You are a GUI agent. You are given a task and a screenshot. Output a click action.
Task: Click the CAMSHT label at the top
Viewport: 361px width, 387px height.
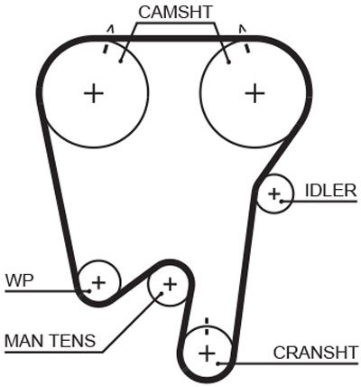(175, 13)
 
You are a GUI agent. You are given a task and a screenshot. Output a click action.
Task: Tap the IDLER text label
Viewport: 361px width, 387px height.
(330, 191)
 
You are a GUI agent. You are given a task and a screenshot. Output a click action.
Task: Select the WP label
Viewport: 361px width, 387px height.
(20, 280)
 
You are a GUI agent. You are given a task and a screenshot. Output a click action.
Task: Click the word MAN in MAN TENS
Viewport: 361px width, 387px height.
(23, 341)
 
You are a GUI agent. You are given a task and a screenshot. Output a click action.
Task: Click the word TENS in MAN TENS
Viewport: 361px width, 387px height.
(71, 341)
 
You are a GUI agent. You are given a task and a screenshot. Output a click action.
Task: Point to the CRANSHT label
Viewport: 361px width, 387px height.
(316, 353)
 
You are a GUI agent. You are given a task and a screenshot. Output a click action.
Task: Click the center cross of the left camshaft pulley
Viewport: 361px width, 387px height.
(94, 93)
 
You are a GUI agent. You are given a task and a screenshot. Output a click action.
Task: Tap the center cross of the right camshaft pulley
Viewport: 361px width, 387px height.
(255, 93)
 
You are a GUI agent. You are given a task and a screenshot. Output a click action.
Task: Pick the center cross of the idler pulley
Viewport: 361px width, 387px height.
(274, 193)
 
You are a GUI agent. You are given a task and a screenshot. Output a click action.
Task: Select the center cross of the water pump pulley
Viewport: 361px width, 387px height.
(98, 283)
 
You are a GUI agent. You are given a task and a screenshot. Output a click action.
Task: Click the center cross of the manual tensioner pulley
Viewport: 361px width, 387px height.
(171, 284)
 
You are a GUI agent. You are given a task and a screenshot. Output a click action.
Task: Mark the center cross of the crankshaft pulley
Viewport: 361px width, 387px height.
(208, 354)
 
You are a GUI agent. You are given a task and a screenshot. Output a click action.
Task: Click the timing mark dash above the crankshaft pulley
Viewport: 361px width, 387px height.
(207, 326)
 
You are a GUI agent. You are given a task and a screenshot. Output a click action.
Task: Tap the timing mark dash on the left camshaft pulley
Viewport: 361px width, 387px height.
(106, 49)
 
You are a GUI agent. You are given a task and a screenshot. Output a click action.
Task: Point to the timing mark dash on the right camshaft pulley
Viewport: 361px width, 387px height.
(247, 48)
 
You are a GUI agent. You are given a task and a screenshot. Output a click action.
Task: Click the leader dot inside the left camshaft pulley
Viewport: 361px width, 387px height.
(121, 61)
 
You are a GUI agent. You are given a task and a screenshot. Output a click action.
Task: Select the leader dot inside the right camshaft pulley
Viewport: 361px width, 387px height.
(228, 62)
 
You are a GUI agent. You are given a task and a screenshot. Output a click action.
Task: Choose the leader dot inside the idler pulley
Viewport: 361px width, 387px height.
(282, 201)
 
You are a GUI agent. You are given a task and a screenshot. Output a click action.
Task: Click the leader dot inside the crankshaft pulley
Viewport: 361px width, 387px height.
(218, 363)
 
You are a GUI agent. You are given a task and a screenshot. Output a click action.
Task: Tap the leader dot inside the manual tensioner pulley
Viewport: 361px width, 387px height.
(162, 293)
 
